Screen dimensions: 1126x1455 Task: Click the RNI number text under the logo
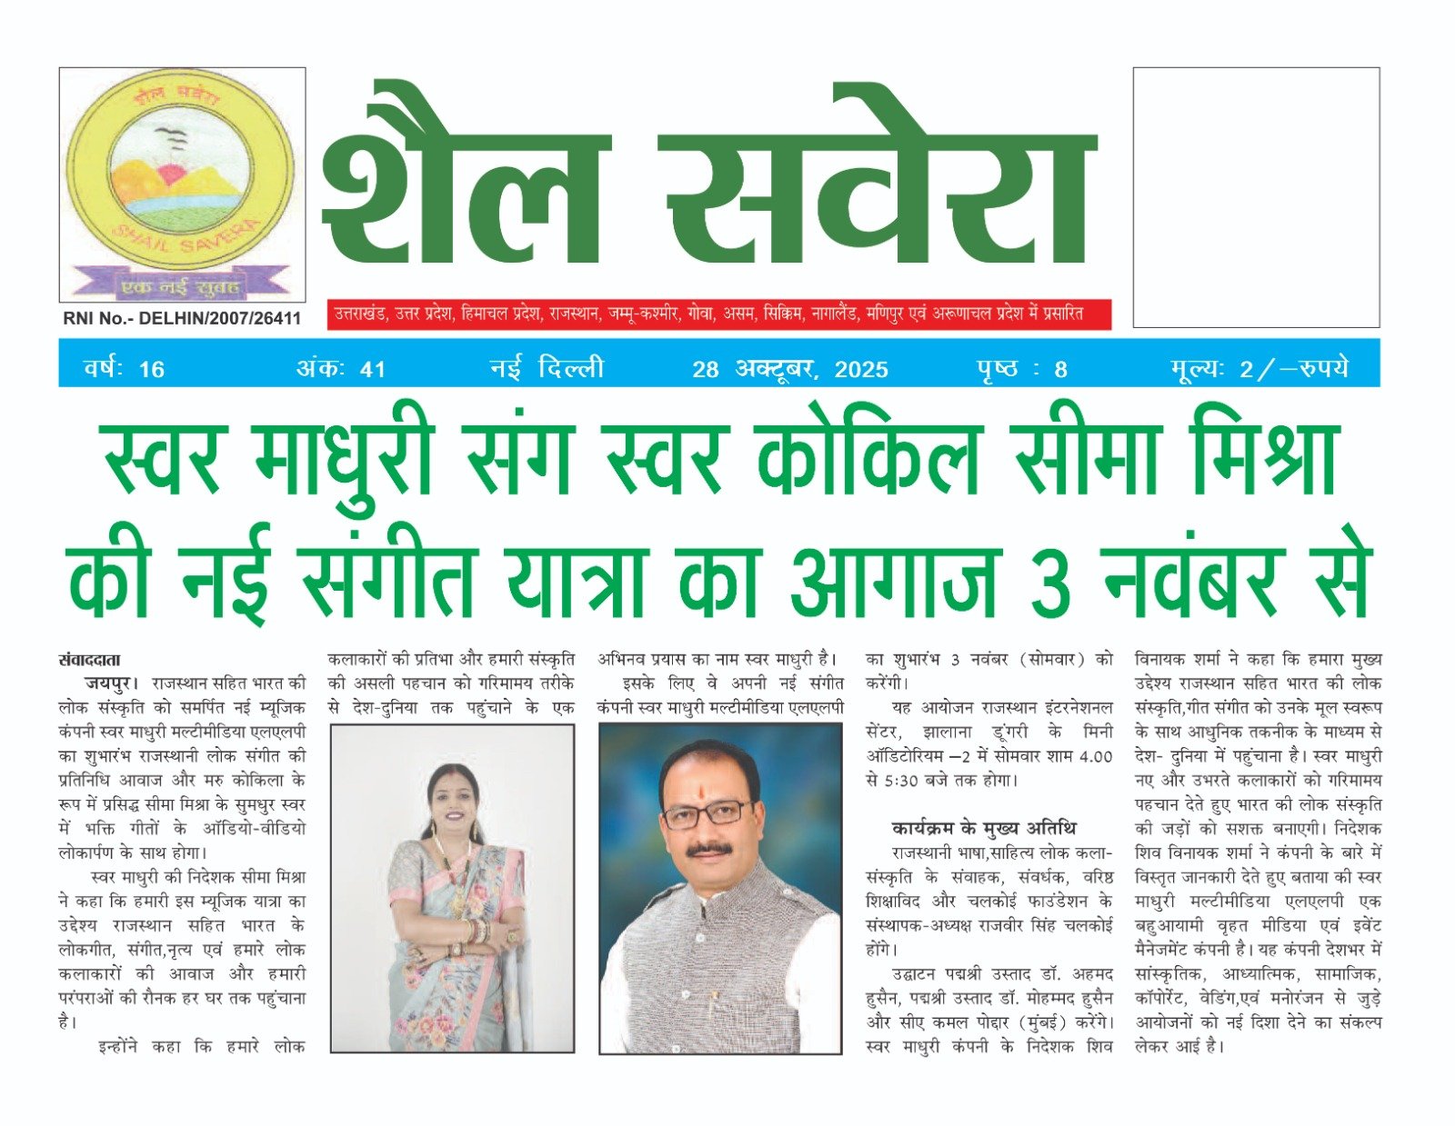coord(182,318)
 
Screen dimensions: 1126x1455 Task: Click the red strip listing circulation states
coord(718,314)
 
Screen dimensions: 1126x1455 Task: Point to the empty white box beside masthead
coord(1256,196)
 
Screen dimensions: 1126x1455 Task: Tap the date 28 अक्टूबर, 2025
coord(789,368)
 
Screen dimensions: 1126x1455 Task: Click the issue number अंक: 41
coord(341,368)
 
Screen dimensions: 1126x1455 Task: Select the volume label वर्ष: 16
coord(124,368)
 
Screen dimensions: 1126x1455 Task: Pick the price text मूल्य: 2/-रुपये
coord(1259,368)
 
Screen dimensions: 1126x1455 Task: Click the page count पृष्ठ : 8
coord(1021,368)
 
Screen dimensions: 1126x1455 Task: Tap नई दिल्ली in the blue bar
coord(547,368)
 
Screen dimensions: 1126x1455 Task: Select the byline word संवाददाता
coord(89,660)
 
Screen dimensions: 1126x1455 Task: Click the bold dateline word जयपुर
coord(111,683)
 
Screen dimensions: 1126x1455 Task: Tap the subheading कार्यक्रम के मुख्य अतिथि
coord(983,828)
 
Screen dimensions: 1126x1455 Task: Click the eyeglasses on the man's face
coord(707,813)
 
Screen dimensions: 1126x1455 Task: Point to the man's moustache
coord(709,850)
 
